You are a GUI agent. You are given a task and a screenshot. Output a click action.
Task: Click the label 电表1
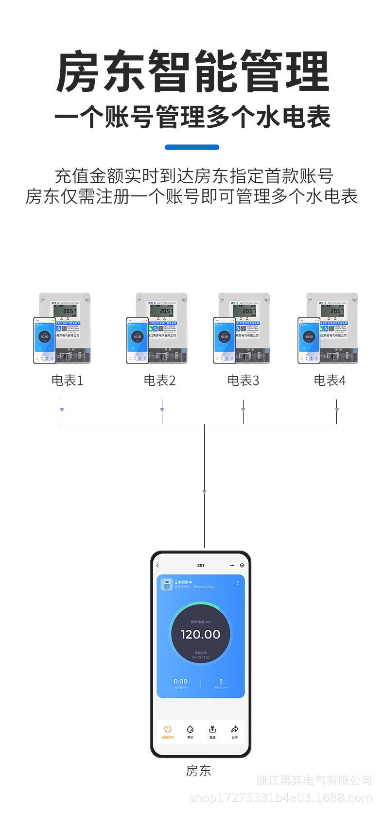[67, 381]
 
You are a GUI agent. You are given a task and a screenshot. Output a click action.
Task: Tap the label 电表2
[159, 381]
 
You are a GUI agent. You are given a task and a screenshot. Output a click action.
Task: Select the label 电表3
[243, 381]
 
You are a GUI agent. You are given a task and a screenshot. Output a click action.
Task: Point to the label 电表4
[330, 381]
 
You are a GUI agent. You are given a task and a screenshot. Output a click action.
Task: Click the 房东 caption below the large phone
[198, 771]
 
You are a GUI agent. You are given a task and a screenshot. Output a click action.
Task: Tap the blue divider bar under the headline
[192, 147]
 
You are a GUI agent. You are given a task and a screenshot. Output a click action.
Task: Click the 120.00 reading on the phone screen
[200, 634]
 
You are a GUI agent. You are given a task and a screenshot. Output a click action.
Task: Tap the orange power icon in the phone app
[168, 729]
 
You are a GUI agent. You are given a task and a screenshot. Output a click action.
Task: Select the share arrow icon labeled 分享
[235, 729]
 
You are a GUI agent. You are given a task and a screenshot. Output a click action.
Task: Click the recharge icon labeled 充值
[212, 729]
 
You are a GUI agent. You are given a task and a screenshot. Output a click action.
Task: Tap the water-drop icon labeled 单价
[190, 729]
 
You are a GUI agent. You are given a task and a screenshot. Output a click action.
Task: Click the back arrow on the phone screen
[158, 566]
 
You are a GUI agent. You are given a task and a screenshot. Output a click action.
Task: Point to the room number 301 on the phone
[201, 566]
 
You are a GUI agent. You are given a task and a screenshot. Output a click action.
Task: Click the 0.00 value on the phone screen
[180, 681]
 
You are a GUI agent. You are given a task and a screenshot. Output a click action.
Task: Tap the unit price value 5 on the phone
[221, 681]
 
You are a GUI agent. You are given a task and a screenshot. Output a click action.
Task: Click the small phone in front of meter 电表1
[45, 340]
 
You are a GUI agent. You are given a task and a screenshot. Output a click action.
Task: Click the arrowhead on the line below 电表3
[243, 410]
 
